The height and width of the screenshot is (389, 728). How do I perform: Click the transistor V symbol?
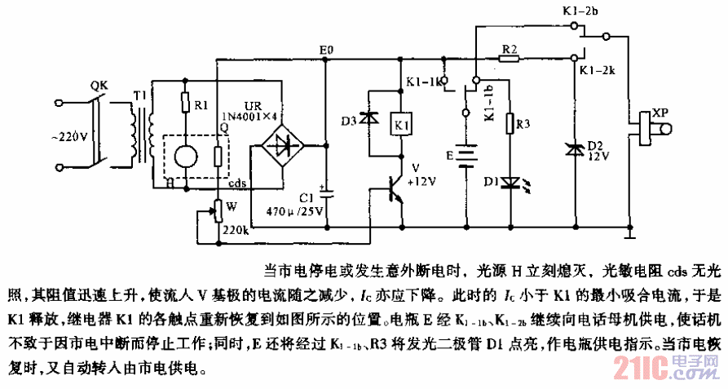(x=395, y=190)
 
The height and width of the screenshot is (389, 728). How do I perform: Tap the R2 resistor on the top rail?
(x=509, y=59)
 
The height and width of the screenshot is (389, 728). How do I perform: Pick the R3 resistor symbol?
(x=510, y=124)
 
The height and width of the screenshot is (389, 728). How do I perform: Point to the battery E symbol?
(x=465, y=155)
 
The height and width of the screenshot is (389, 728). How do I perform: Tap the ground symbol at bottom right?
(x=630, y=236)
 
